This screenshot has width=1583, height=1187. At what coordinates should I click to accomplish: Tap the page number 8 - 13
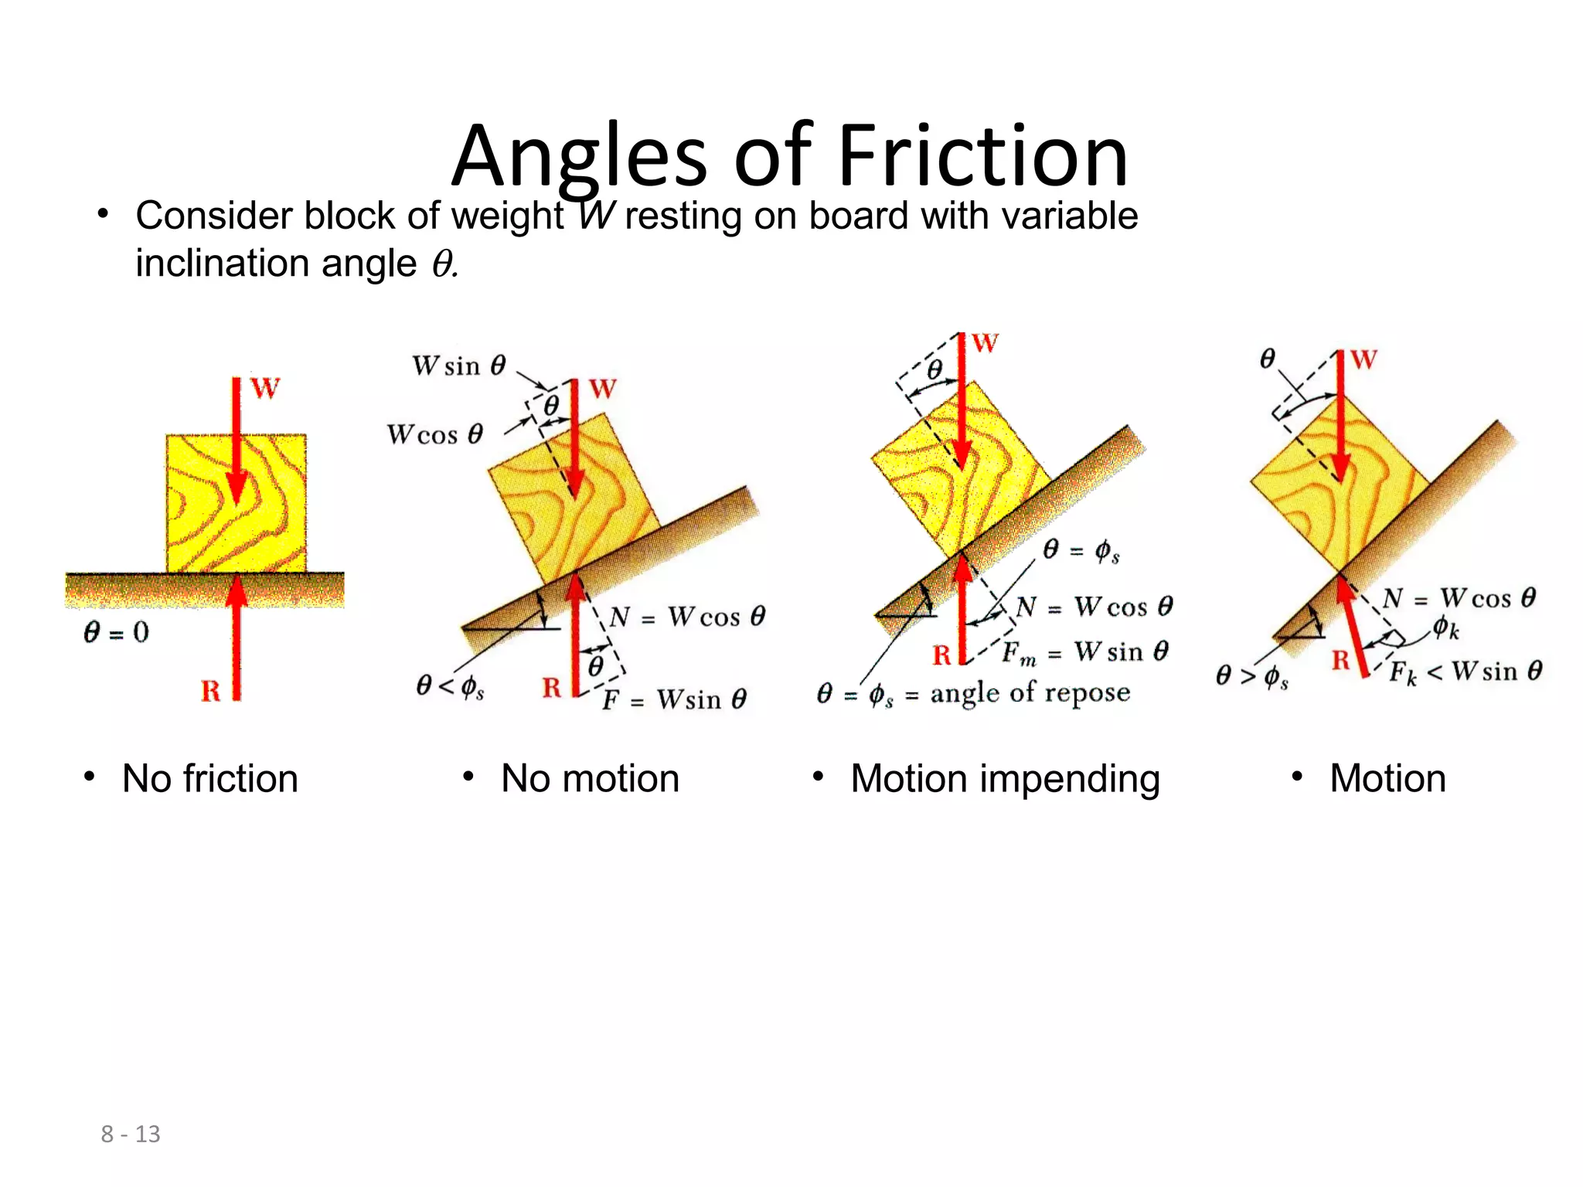tap(131, 1134)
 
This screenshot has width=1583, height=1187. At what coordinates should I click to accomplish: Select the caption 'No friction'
tap(209, 778)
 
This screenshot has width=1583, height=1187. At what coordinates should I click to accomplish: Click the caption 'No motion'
tap(590, 778)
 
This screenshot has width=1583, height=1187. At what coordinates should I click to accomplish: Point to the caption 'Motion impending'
tap(1005, 779)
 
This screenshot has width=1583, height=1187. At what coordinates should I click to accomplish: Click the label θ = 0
tap(116, 633)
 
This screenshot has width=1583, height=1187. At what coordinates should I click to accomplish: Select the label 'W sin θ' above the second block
tap(459, 366)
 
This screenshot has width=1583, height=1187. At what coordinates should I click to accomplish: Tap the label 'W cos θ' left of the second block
tap(435, 434)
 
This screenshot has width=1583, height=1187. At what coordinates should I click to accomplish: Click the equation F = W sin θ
tap(674, 699)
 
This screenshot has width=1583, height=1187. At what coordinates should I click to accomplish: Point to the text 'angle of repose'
tap(1030, 692)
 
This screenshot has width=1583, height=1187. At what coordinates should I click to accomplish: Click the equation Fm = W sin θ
tap(1085, 653)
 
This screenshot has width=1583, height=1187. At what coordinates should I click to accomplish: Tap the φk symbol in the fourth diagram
tap(1445, 628)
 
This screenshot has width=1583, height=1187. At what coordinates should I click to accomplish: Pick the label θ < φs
tap(451, 685)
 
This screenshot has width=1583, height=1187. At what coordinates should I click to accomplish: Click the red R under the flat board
tap(211, 690)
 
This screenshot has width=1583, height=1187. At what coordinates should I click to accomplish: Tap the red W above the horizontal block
tap(265, 388)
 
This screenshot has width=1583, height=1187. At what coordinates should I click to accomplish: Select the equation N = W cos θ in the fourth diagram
tap(1459, 598)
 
